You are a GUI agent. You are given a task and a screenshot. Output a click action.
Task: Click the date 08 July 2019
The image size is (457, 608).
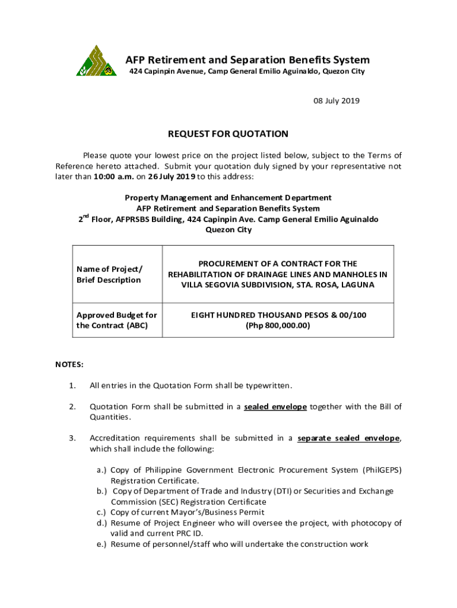coord(337,101)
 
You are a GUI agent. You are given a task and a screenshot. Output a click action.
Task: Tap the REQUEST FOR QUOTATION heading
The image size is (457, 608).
coord(228,134)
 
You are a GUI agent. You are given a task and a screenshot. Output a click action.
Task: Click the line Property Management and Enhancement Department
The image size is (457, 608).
coord(228,198)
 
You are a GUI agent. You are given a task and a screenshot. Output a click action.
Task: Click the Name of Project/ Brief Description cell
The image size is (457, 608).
coord(109,274)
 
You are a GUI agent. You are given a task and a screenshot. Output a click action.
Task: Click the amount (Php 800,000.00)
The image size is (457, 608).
coord(278,325)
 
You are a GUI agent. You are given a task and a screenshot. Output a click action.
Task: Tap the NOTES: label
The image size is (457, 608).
coord(69,363)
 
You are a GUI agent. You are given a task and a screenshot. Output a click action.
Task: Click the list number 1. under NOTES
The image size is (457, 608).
coord(72,386)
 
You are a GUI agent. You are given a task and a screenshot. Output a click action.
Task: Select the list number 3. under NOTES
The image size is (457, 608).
coord(72,438)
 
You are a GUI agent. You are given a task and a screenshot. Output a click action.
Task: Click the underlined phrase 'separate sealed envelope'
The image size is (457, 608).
coord(349,438)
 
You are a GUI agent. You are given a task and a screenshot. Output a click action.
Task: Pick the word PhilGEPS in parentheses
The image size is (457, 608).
coord(381,470)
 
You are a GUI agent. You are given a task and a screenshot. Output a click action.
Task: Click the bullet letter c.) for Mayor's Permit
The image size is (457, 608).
coord(101,512)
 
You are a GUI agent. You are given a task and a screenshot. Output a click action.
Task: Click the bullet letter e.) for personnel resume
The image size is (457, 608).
coord(101,544)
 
